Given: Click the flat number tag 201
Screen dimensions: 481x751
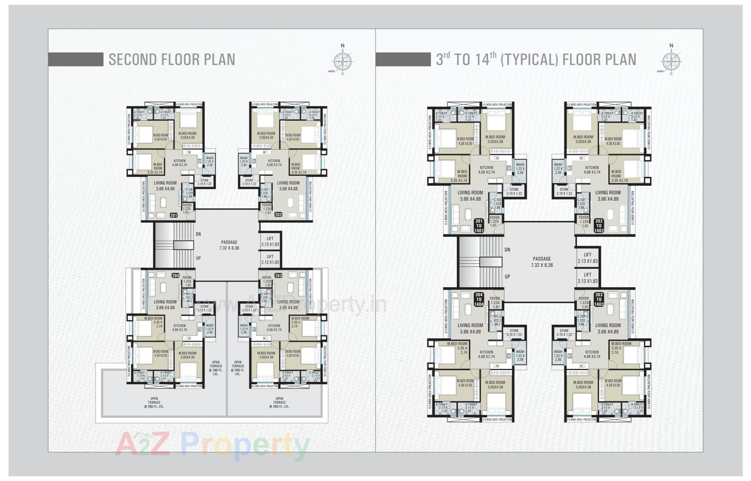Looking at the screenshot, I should click(x=174, y=215).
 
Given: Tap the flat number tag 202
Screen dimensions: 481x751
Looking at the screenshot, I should click(x=278, y=215).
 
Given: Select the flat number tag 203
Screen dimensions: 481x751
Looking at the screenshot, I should click(x=278, y=275).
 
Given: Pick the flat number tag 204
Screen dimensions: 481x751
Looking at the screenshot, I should click(x=175, y=275).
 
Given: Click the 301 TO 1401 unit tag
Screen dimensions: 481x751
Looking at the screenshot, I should click(x=479, y=226).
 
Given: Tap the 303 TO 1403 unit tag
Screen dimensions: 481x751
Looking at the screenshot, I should click(x=599, y=299).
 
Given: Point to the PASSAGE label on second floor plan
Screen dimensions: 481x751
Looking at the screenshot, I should click(x=229, y=245).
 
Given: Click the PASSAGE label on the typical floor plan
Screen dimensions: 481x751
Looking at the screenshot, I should click(x=542, y=262).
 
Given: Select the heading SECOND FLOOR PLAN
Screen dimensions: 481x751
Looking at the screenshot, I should click(x=172, y=59).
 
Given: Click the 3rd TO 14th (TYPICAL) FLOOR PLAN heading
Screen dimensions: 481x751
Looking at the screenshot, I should click(x=536, y=59).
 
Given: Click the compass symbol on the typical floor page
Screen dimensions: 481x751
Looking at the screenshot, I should click(x=671, y=61).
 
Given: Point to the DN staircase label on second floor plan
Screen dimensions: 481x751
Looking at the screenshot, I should click(x=198, y=234).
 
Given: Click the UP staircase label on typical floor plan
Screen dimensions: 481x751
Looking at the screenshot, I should click(x=507, y=277).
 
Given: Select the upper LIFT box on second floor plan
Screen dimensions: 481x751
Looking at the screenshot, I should click(x=270, y=241).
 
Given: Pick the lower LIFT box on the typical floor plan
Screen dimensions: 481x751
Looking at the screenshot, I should click(x=588, y=278).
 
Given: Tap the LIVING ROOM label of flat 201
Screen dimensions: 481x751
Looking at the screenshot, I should click(x=165, y=186).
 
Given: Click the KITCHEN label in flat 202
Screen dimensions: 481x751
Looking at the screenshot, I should click(x=274, y=163).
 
